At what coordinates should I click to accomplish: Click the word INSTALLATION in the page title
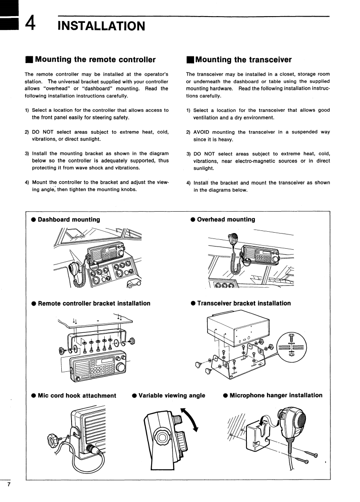coord(102,26)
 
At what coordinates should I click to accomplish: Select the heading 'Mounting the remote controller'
coord(95,60)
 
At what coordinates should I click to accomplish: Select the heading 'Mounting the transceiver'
coord(243,60)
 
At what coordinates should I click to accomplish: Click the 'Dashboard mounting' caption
coord(69,219)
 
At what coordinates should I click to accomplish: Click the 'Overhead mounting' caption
coord(226,219)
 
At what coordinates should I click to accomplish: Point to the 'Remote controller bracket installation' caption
coord(94,303)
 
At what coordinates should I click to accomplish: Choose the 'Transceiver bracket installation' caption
coord(244,303)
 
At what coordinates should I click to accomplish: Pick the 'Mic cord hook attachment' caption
coord(77,396)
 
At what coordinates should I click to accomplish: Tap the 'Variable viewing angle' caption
coord(172,396)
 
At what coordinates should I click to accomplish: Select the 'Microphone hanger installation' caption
coord(275,396)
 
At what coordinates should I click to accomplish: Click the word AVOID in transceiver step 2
coord(203,132)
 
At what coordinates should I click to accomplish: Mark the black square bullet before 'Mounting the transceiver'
coord(190,60)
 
